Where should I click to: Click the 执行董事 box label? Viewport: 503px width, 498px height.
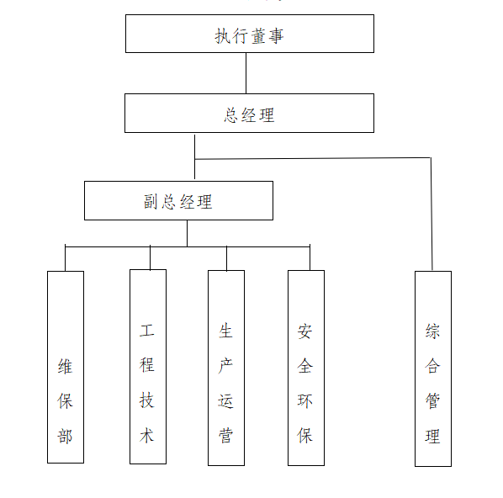pyautogui.click(x=249, y=35)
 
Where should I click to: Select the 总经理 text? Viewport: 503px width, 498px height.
pyautogui.click(x=249, y=115)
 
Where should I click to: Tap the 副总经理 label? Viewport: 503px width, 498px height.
pyautogui.click(x=178, y=202)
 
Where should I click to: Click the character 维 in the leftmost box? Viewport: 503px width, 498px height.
pyautogui.click(x=65, y=366)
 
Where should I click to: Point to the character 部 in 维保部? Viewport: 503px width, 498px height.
pyautogui.click(x=65, y=436)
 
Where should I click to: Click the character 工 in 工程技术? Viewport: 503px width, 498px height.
pyautogui.click(x=147, y=331)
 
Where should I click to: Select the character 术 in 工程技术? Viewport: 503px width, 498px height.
pyautogui.click(x=147, y=436)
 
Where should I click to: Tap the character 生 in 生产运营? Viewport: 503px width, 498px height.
pyautogui.click(x=225, y=331)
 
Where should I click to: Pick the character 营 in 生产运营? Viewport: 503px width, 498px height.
pyautogui.click(x=225, y=436)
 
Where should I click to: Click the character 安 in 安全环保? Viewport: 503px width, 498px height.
pyautogui.click(x=304, y=331)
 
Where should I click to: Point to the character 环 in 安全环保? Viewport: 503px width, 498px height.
pyautogui.click(x=304, y=400)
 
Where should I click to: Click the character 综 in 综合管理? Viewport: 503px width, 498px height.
pyautogui.click(x=432, y=331)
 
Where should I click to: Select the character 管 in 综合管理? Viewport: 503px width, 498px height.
pyautogui.click(x=432, y=400)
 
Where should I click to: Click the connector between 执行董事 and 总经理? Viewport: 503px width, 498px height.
pyautogui.click(x=246, y=73)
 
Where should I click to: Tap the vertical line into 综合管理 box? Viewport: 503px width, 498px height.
pyautogui.click(x=432, y=214)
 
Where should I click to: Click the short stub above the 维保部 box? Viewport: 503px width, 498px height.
pyautogui.click(x=65, y=257)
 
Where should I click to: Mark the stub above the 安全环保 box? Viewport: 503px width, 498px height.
pyautogui.click(x=310, y=257)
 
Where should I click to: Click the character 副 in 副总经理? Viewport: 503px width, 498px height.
pyautogui.click(x=151, y=202)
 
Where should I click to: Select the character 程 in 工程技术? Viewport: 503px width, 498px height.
pyautogui.click(x=147, y=365)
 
